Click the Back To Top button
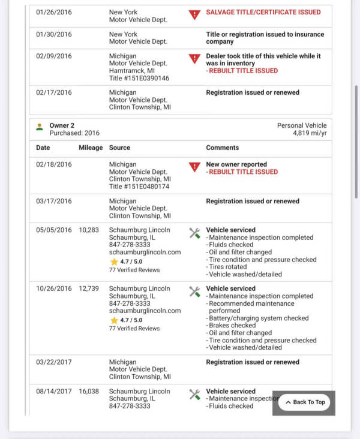pos(304,402)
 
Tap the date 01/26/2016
pos(53,13)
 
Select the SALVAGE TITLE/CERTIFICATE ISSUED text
pos(263,13)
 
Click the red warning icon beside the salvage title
pos(194,14)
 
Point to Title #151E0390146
pos(139,78)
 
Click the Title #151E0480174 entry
pos(139,187)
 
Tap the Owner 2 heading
pos(62,125)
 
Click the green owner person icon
pos(40,127)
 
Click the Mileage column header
pos(91,148)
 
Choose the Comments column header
pos(222,148)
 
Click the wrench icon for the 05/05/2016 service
pos(194,233)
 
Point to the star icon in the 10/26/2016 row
pos(113,321)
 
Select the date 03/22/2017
pos(53,362)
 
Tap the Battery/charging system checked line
pos(249,318)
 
